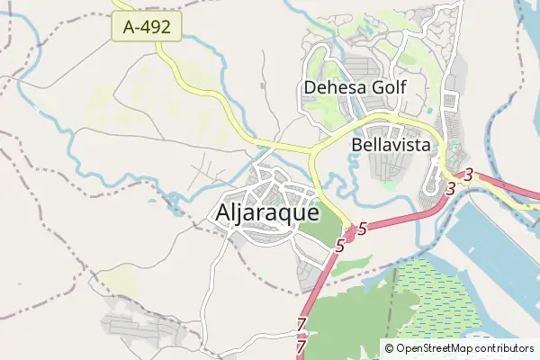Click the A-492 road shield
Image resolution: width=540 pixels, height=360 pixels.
pyautogui.click(x=147, y=28)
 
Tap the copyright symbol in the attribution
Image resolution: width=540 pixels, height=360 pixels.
pyautogui.click(x=389, y=348)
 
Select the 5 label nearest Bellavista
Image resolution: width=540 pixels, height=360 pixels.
pyautogui.click(x=362, y=229)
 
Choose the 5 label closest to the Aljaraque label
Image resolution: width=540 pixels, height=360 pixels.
pyautogui.click(x=340, y=245)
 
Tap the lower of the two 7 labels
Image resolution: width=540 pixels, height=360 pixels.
pyautogui.click(x=301, y=345)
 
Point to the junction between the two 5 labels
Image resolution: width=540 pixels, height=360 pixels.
pyautogui.click(x=349, y=236)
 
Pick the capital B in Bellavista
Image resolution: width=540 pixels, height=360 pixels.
pyautogui.click(x=357, y=143)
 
